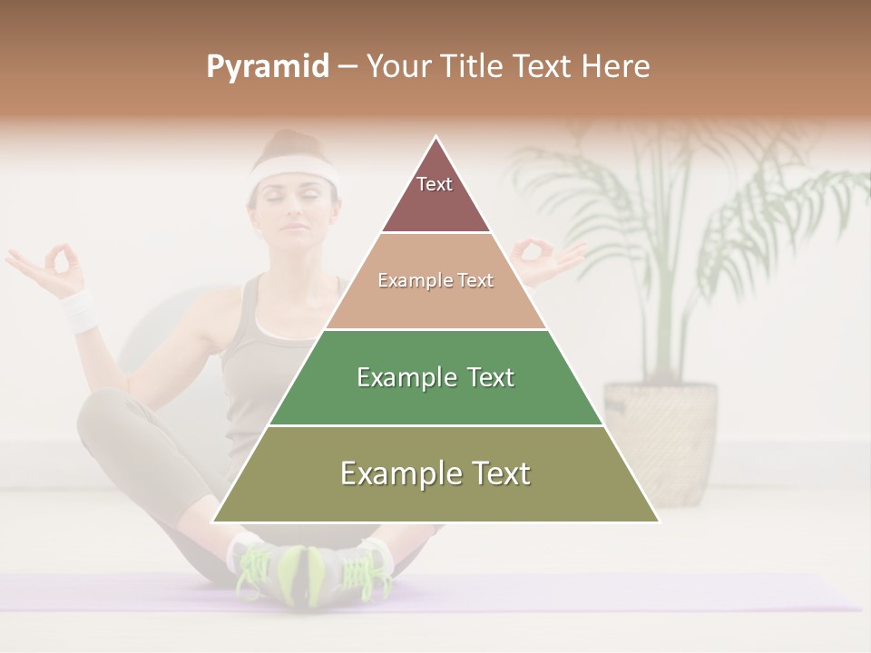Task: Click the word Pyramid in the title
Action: click(x=267, y=67)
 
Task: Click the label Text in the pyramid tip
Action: click(x=435, y=184)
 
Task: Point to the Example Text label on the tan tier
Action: click(x=435, y=280)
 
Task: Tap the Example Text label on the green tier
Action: click(x=435, y=377)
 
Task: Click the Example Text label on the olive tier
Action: click(x=435, y=473)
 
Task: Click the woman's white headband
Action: click(x=293, y=170)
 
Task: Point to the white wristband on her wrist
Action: click(x=79, y=310)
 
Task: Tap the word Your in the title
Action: click(x=400, y=67)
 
